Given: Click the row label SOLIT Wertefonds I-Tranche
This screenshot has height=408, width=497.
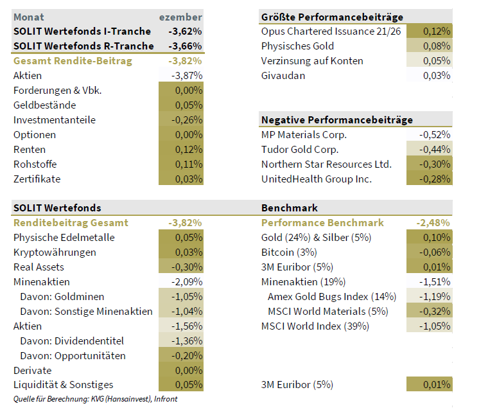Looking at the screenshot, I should pos(82,31).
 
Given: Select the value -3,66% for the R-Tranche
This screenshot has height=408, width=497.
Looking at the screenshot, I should pos(184,46).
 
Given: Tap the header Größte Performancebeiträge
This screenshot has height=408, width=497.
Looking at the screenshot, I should pos(332,17).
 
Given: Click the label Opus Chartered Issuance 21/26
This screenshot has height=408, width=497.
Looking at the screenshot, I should pos(331,31).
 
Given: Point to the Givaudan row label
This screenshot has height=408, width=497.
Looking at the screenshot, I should pos(283,76).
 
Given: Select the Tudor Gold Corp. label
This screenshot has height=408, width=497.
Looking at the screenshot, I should pos(299,150).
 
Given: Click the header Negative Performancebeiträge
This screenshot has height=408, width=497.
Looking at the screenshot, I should pos(336,120).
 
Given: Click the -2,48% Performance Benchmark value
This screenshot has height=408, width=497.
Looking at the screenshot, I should pos(433,223).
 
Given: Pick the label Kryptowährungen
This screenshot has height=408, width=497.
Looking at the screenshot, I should pos(55,253).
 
